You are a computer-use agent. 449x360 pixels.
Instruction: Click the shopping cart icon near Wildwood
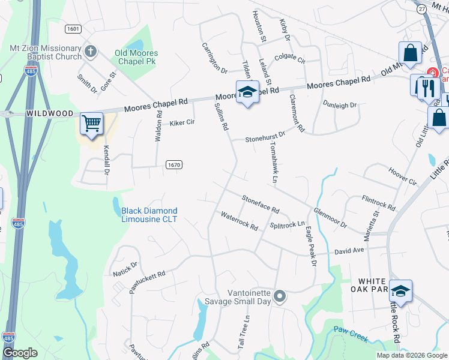coord(92,124)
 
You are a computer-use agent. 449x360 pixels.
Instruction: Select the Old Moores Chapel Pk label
coord(136,57)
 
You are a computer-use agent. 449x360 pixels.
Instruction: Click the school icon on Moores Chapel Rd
coord(247,92)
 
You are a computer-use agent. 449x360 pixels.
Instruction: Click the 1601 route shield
coord(73,29)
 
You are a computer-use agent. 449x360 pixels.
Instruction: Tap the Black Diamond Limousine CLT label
coord(149,215)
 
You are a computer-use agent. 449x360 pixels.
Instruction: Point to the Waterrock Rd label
coord(239,221)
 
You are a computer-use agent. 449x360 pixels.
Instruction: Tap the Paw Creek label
coord(350,334)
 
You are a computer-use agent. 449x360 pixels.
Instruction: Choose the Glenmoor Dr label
coord(330,218)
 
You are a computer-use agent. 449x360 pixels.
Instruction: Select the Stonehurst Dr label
coord(265,137)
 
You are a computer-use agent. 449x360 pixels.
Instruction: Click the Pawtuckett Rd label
coord(147,281)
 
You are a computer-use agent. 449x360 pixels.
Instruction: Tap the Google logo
coord(20,353)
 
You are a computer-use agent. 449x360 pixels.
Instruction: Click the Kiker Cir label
coord(182,122)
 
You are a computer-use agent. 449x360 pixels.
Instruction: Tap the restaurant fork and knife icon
coord(427,88)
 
